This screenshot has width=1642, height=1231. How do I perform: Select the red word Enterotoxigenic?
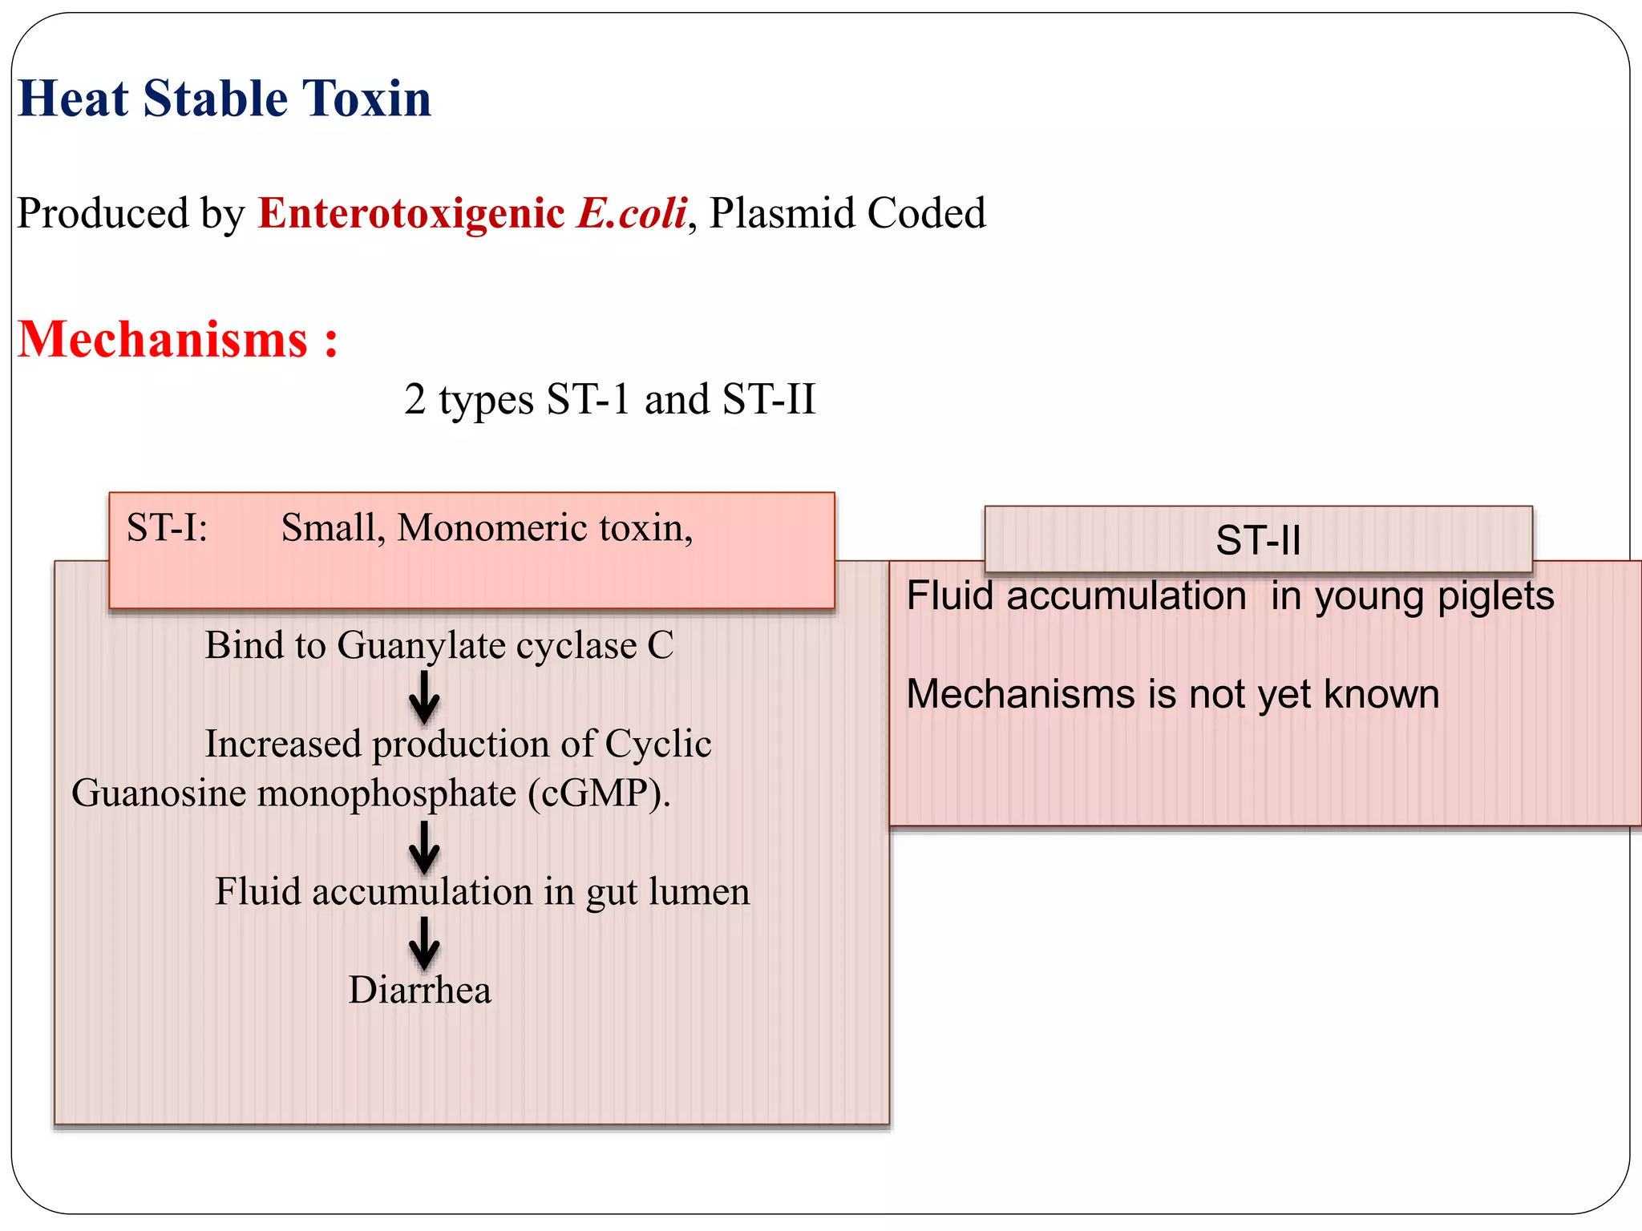pyautogui.click(x=410, y=213)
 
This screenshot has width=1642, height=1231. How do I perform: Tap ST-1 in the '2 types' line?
pyautogui.click(x=588, y=399)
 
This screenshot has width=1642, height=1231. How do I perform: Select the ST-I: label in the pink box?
pyautogui.click(x=167, y=528)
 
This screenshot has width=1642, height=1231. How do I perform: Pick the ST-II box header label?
pyautogui.click(x=1257, y=540)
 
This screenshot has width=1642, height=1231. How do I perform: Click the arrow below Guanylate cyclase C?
pyautogui.click(x=424, y=696)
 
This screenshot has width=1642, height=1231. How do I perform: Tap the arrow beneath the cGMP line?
pyautogui.click(x=424, y=846)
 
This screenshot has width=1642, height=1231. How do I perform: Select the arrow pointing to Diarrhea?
pyautogui.click(x=424, y=942)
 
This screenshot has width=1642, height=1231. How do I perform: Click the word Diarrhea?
pyautogui.click(x=419, y=990)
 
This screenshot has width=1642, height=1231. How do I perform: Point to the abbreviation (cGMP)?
pyautogui.click(x=599, y=793)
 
